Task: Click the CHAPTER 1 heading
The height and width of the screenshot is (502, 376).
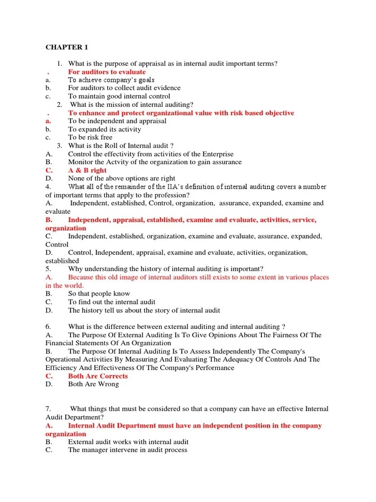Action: pyautogui.click(x=67, y=47)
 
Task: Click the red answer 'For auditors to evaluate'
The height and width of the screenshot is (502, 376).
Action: pyautogui.click(x=107, y=72)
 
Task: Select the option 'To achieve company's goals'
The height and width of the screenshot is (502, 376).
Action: pyautogui.click(x=111, y=80)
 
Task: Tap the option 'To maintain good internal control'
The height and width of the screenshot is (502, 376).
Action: pyautogui.click(x=119, y=96)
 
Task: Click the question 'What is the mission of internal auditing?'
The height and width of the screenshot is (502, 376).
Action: pyautogui.click(x=131, y=104)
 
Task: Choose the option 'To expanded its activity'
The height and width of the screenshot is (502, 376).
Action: pyautogui.click(x=104, y=129)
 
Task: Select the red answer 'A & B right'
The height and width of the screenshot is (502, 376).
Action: pyautogui.click(x=87, y=170)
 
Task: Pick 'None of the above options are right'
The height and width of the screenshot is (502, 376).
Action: pyautogui.click(x=121, y=178)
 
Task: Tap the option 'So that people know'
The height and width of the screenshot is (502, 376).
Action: pyautogui.click(x=99, y=294)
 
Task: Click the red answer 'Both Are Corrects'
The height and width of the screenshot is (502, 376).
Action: pyautogui.click(x=98, y=376)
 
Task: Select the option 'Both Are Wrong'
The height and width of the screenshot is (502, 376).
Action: pyautogui.click(x=94, y=384)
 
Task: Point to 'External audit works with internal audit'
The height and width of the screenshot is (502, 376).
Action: pyautogui.click(x=128, y=442)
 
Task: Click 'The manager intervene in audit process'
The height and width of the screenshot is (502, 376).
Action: pyautogui.click(x=127, y=450)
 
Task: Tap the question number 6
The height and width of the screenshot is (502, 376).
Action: pyautogui.click(x=48, y=326)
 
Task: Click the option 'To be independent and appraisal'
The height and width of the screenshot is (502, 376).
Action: pyautogui.click(x=117, y=121)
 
